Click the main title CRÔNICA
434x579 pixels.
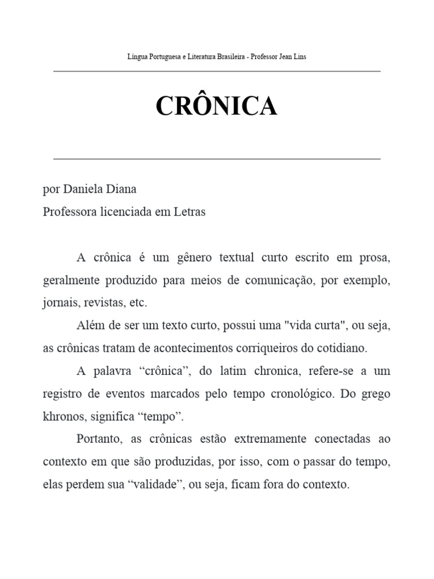[x=217, y=106]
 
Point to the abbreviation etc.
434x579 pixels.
[x=138, y=303]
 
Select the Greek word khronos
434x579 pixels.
[x=63, y=417]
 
